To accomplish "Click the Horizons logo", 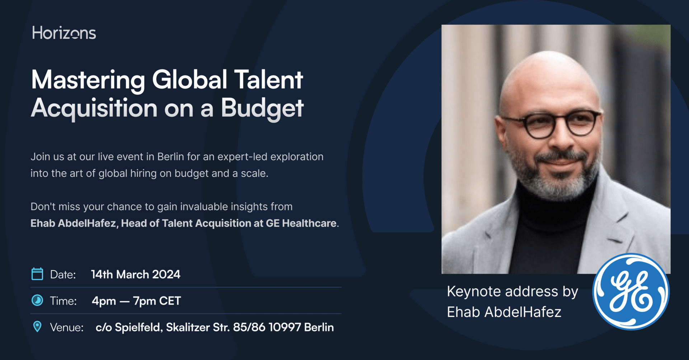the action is [x=64, y=33].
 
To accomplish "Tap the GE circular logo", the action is [x=631, y=291].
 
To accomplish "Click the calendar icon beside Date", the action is [x=37, y=274].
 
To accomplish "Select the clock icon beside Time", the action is [x=37, y=300].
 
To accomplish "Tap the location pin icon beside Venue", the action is [x=37, y=327].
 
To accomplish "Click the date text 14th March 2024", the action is [x=136, y=275].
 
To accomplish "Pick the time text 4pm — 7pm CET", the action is [x=136, y=301].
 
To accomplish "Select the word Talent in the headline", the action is [x=269, y=79].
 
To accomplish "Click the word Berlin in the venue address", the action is [x=319, y=327].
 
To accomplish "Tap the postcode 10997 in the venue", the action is [x=285, y=327].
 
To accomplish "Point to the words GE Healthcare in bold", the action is [x=301, y=223].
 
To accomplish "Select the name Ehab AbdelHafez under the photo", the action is [x=504, y=312].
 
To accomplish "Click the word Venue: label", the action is [x=67, y=327].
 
